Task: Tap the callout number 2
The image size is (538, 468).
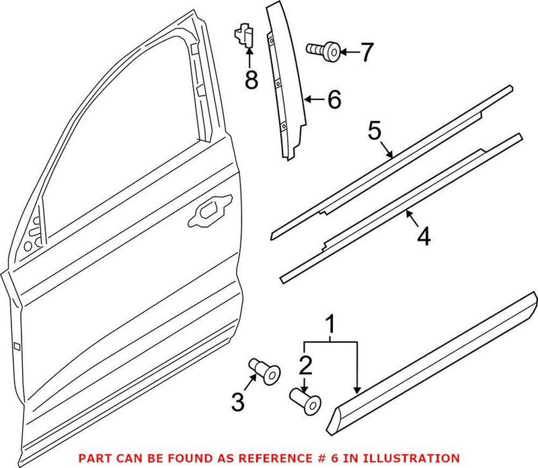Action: pos(305,366)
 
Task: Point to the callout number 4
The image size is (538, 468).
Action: pos(423,237)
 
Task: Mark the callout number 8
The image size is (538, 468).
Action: pos(251,81)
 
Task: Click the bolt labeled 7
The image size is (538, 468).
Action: pos(322,49)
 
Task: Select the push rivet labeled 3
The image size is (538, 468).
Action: pos(264,370)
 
